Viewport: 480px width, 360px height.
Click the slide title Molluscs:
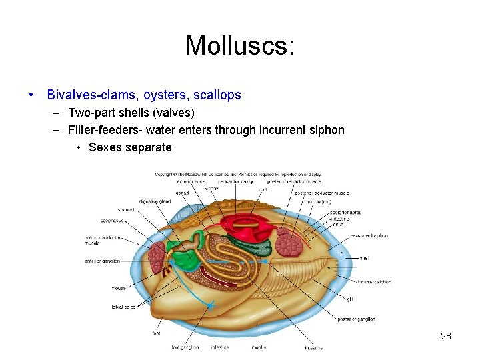coord(239,45)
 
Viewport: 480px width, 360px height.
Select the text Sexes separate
coord(130,147)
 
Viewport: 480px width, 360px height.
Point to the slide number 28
coord(446,336)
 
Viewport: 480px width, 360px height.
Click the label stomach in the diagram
coord(126,209)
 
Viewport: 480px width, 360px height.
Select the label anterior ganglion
coord(102,261)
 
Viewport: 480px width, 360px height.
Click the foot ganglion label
coord(185,347)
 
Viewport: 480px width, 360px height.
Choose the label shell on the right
coord(365,258)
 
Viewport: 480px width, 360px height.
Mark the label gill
coord(349,298)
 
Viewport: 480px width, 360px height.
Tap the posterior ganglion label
coord(356,319)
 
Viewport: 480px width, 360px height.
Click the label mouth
coord(118,289)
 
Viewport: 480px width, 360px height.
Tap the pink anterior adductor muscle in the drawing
coord(157,256)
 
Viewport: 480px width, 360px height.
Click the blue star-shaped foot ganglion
coord(211,306)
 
